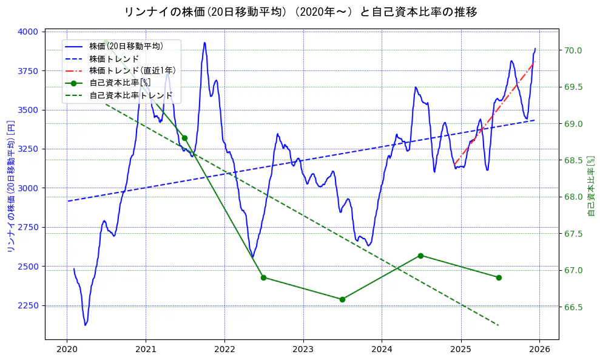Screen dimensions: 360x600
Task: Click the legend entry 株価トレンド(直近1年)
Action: pos(132,70)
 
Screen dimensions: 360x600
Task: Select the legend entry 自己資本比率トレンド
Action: pos(130,95)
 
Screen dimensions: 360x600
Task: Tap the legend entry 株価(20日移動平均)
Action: pos(126,46)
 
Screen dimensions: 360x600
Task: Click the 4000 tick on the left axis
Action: pos(29,32)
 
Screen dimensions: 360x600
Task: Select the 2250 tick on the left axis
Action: pos(29,305)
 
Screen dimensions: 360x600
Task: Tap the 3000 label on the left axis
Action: pos(29,188)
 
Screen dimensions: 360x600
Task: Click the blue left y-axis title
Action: pos(10,186)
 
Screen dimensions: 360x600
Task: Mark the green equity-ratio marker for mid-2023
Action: pos(342,299)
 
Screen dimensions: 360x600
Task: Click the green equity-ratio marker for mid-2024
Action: pos(420,256)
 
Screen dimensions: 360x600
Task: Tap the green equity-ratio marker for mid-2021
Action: pos(184,138)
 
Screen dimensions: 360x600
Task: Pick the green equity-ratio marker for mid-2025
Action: pos(499,277)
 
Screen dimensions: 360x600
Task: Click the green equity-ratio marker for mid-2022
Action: pos(263,277)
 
